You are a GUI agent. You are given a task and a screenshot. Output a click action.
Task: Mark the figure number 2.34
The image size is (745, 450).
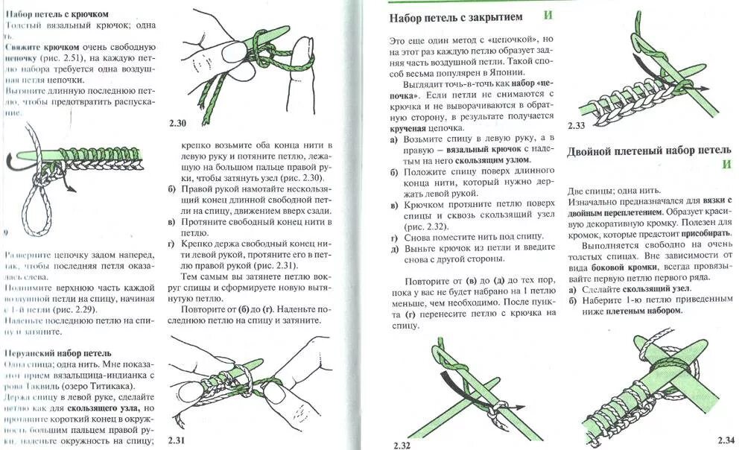[x=726, y=439]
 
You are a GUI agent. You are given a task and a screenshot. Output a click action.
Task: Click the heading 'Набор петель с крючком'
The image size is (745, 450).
[x=57, y=14]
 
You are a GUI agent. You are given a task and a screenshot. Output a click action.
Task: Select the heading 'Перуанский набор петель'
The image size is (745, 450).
[x=58, y=352]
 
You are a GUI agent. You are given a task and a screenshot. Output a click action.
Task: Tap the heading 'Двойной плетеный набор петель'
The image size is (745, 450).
[x=647, y=150]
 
